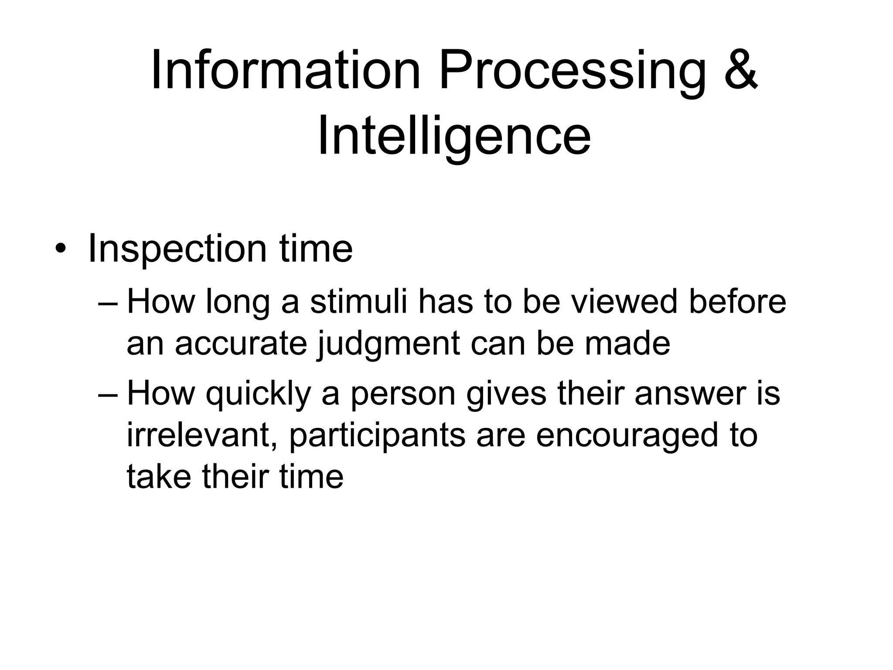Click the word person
[x=403, y=394]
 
